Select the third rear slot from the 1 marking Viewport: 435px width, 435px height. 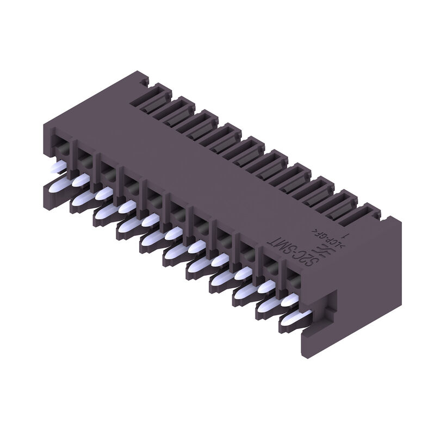(x=321, y=188)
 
